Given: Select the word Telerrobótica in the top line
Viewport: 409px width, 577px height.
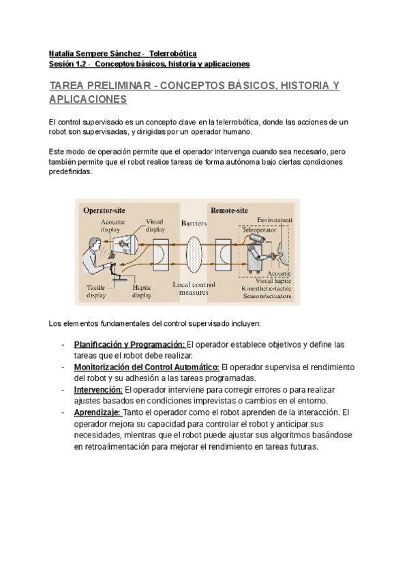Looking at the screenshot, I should pyautogui.click(x=173, y=52).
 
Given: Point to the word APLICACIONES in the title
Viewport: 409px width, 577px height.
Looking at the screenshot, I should pyautogui.click(x=89, y=99).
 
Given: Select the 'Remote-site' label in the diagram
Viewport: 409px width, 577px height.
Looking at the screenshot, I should pyautogui.click(x=230, y=210).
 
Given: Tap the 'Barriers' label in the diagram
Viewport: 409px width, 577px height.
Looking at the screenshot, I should pyautogui.click(x=194, y=223).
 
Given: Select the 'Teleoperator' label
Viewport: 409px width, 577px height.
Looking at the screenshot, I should pyautogui.click(x=258, y=231).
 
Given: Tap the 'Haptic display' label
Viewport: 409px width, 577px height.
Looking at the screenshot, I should pyautogui.click(x=141, y=291).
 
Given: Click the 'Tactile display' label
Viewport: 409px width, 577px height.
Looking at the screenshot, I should pyautogui.click(x=96, y=291).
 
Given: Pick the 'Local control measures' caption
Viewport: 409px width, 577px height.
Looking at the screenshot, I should pyautogui.click(x=194, y=288).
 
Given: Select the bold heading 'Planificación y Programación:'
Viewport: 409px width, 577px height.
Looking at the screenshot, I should pyautogui.click(x=130, y=344).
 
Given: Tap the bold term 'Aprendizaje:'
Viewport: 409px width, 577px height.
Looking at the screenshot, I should pyautogui.click(x=97, y=412).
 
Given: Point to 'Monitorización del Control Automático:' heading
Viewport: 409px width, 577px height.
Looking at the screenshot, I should pyautogui.click(x=147, y=367).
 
